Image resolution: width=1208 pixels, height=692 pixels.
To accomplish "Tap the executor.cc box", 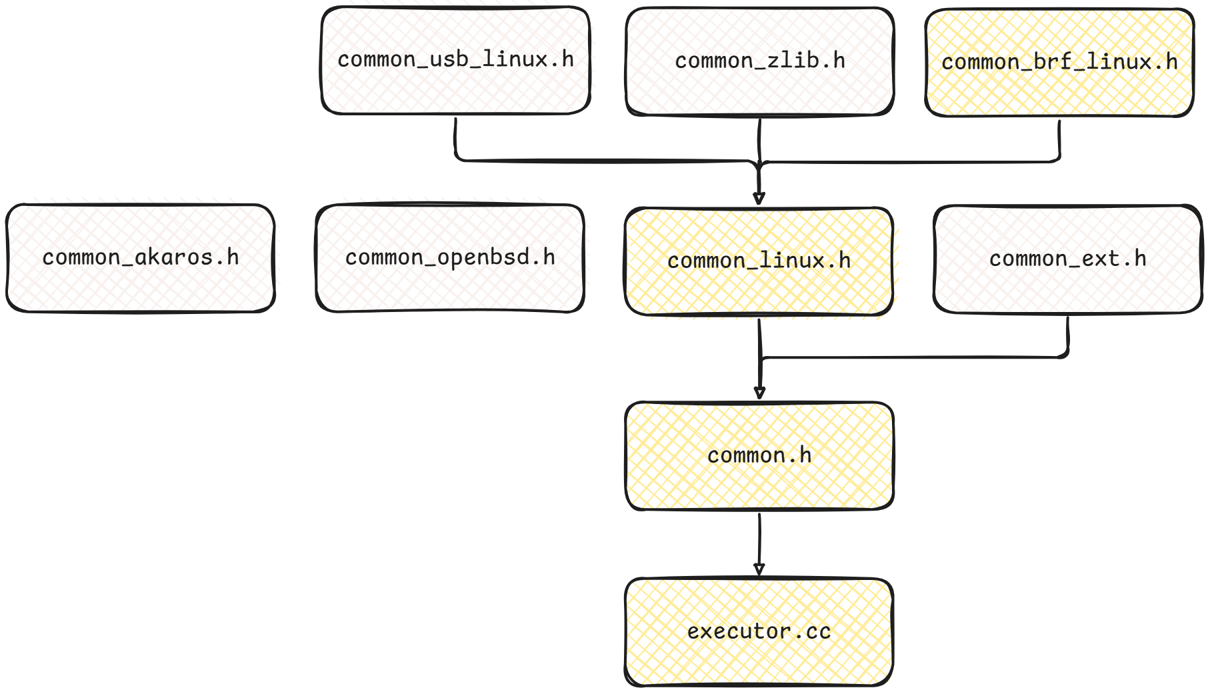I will coord(759,660).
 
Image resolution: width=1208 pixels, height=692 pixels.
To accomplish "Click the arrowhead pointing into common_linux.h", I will coord(759,198).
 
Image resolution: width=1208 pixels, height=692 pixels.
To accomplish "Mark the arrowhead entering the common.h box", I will coord(759,393).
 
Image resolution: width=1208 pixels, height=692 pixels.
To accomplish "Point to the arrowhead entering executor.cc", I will coord(759,569).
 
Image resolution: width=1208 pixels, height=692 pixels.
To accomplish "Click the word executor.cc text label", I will coord(759,631).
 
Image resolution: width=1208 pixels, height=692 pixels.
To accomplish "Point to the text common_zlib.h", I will coord(759,61).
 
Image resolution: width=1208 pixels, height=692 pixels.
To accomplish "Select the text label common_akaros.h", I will coord(140,257).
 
